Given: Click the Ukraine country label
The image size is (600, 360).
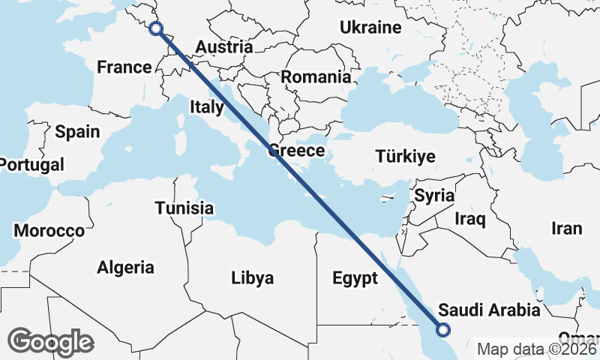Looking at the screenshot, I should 370,28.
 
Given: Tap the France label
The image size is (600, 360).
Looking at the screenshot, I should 124,67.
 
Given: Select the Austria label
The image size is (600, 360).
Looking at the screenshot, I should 223,47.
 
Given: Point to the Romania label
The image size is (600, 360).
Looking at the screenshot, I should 316,76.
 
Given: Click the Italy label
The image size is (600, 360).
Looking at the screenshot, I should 206,106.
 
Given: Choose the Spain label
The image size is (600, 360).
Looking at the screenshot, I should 77,132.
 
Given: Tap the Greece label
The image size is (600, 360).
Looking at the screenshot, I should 296,151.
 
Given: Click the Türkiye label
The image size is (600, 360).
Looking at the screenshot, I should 406,157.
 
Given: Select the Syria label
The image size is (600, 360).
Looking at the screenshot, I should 435,196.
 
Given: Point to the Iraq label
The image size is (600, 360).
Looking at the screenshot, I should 470,219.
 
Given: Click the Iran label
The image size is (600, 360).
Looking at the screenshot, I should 566,229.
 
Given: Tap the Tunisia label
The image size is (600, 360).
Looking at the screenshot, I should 184,208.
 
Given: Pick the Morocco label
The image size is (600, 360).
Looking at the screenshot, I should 49,230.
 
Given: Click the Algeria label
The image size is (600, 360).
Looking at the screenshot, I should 125,267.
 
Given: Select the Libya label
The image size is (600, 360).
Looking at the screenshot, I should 252,278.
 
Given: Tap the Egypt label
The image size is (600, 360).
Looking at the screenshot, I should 355,279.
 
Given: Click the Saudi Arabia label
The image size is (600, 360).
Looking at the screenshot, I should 489,310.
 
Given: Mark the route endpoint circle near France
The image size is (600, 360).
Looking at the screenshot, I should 156,28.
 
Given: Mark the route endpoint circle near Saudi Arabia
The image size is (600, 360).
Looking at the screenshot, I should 443,328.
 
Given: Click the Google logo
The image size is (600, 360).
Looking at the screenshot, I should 50,342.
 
